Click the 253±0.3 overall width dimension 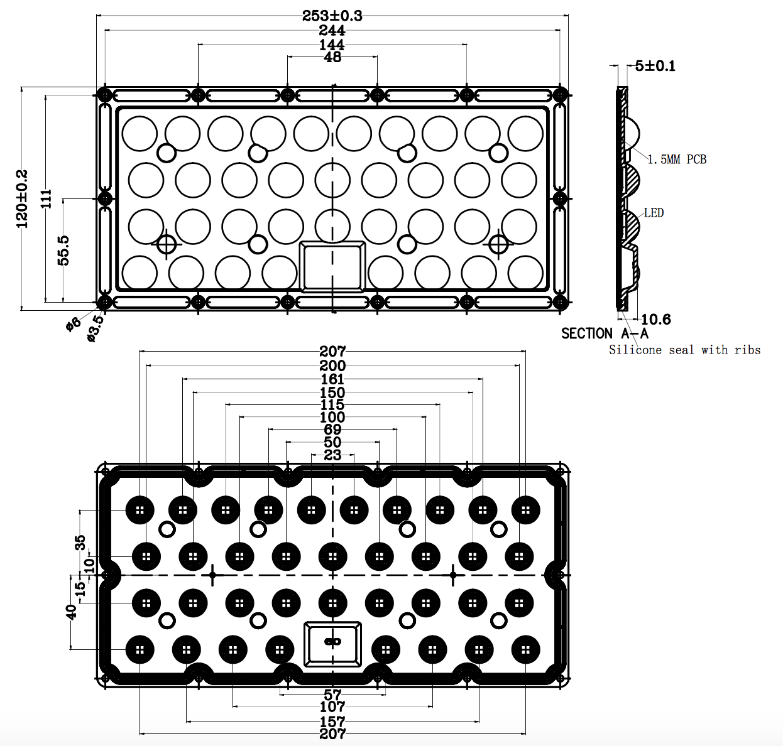(x=332, y=16)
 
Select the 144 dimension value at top (x=332, y=45)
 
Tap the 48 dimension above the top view (x=332, y=57)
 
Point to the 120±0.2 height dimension (x=23, y=198)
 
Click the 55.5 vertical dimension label (x=63, y=250)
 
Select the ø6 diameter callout (x=74, y=324)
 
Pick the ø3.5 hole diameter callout (x=95, y=328)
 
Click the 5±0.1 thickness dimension (x=655, y=66)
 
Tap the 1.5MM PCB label (x=677, y=159)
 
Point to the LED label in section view (x=654, y=213)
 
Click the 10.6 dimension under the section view (x=655, y=320)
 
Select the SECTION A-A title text (x=605, y=334)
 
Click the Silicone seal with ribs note (x=684, y=350)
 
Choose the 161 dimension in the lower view (x=332, y=379)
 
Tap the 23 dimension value (x=332, y=455)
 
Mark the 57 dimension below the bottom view (x=332, y=695)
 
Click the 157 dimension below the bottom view (x=332, y=722)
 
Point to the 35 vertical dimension (x=80, y=543)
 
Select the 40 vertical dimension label (x=71, y=611)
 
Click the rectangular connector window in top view (x=332, y=267)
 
